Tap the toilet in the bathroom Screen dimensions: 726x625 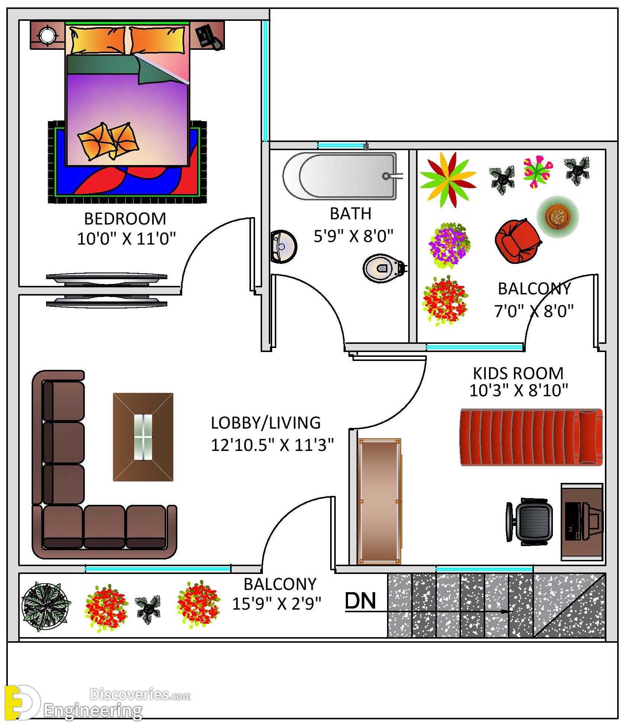pyautogui.click(x=383, y=268)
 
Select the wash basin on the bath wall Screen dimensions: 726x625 pyautogui.click(x=283, y=246)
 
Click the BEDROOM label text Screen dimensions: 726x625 pyautogui.click(x=125, y=219)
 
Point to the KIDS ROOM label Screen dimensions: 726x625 pyautogui.click(x=518, y=373)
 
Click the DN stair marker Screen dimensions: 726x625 pyautogui.click(x=360, y=601)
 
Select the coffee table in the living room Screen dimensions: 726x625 pyautogui.click(x=143, y=437)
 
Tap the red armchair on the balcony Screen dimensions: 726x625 pyautogui.click(x=518, y=241)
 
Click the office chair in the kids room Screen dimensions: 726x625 pyautogui.click(x=530, y=522)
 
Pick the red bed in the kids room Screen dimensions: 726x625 pyautogui.click(x=531, y=437)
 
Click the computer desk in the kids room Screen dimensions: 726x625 pyautogui.click(x=581, y=522)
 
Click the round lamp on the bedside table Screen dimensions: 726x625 pyautogui.click(x=47, y=35)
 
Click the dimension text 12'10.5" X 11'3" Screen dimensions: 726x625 pyautogui.click(x=272, y=445)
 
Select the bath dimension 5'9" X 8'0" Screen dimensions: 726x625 pyautogui.click(x=353, y=236)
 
